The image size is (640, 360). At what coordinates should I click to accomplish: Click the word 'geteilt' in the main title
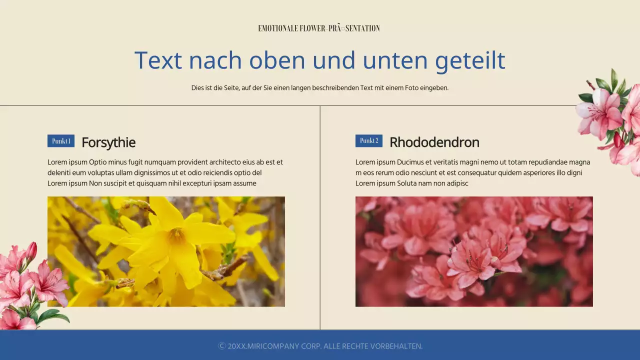pyautogui.click(x=470, y=60)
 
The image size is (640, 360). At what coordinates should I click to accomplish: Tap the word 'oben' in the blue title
pyautogui.click(x=277, y=60)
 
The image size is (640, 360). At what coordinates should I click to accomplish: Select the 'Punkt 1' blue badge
pyautogui.click(x=61, y=141)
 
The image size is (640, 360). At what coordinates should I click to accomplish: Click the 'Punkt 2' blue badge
pyautogui.click(x=369, y=141)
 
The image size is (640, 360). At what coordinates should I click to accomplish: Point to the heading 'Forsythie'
pyautogui.click(x=108, y=142)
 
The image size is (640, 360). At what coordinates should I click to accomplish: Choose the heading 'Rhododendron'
pyautogui.click(x=434, y=142)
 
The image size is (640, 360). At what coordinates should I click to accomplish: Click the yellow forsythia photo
pyautogui.click(x=166, y=251)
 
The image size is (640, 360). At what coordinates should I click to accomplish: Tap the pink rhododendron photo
pyautogui.click(x=474, y=251)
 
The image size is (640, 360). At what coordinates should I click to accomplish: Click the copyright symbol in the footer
pyautogui.click(x=222, y=346)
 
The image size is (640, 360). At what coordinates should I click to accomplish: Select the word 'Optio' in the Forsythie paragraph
pyautogui.click(x=98, y=162)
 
